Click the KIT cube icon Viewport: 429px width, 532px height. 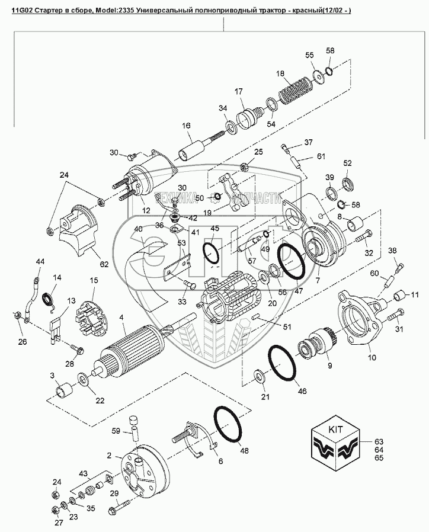point(335,447)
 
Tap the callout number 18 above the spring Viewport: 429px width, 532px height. point(280,74)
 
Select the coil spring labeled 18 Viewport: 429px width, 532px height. point(296,89)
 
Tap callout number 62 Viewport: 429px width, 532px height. point(104,264)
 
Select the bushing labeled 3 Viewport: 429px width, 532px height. point(65,390)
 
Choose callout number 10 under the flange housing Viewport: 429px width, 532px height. point(372,357)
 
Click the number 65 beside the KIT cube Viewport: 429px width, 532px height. point(379,458)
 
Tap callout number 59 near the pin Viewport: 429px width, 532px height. point(116,431)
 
